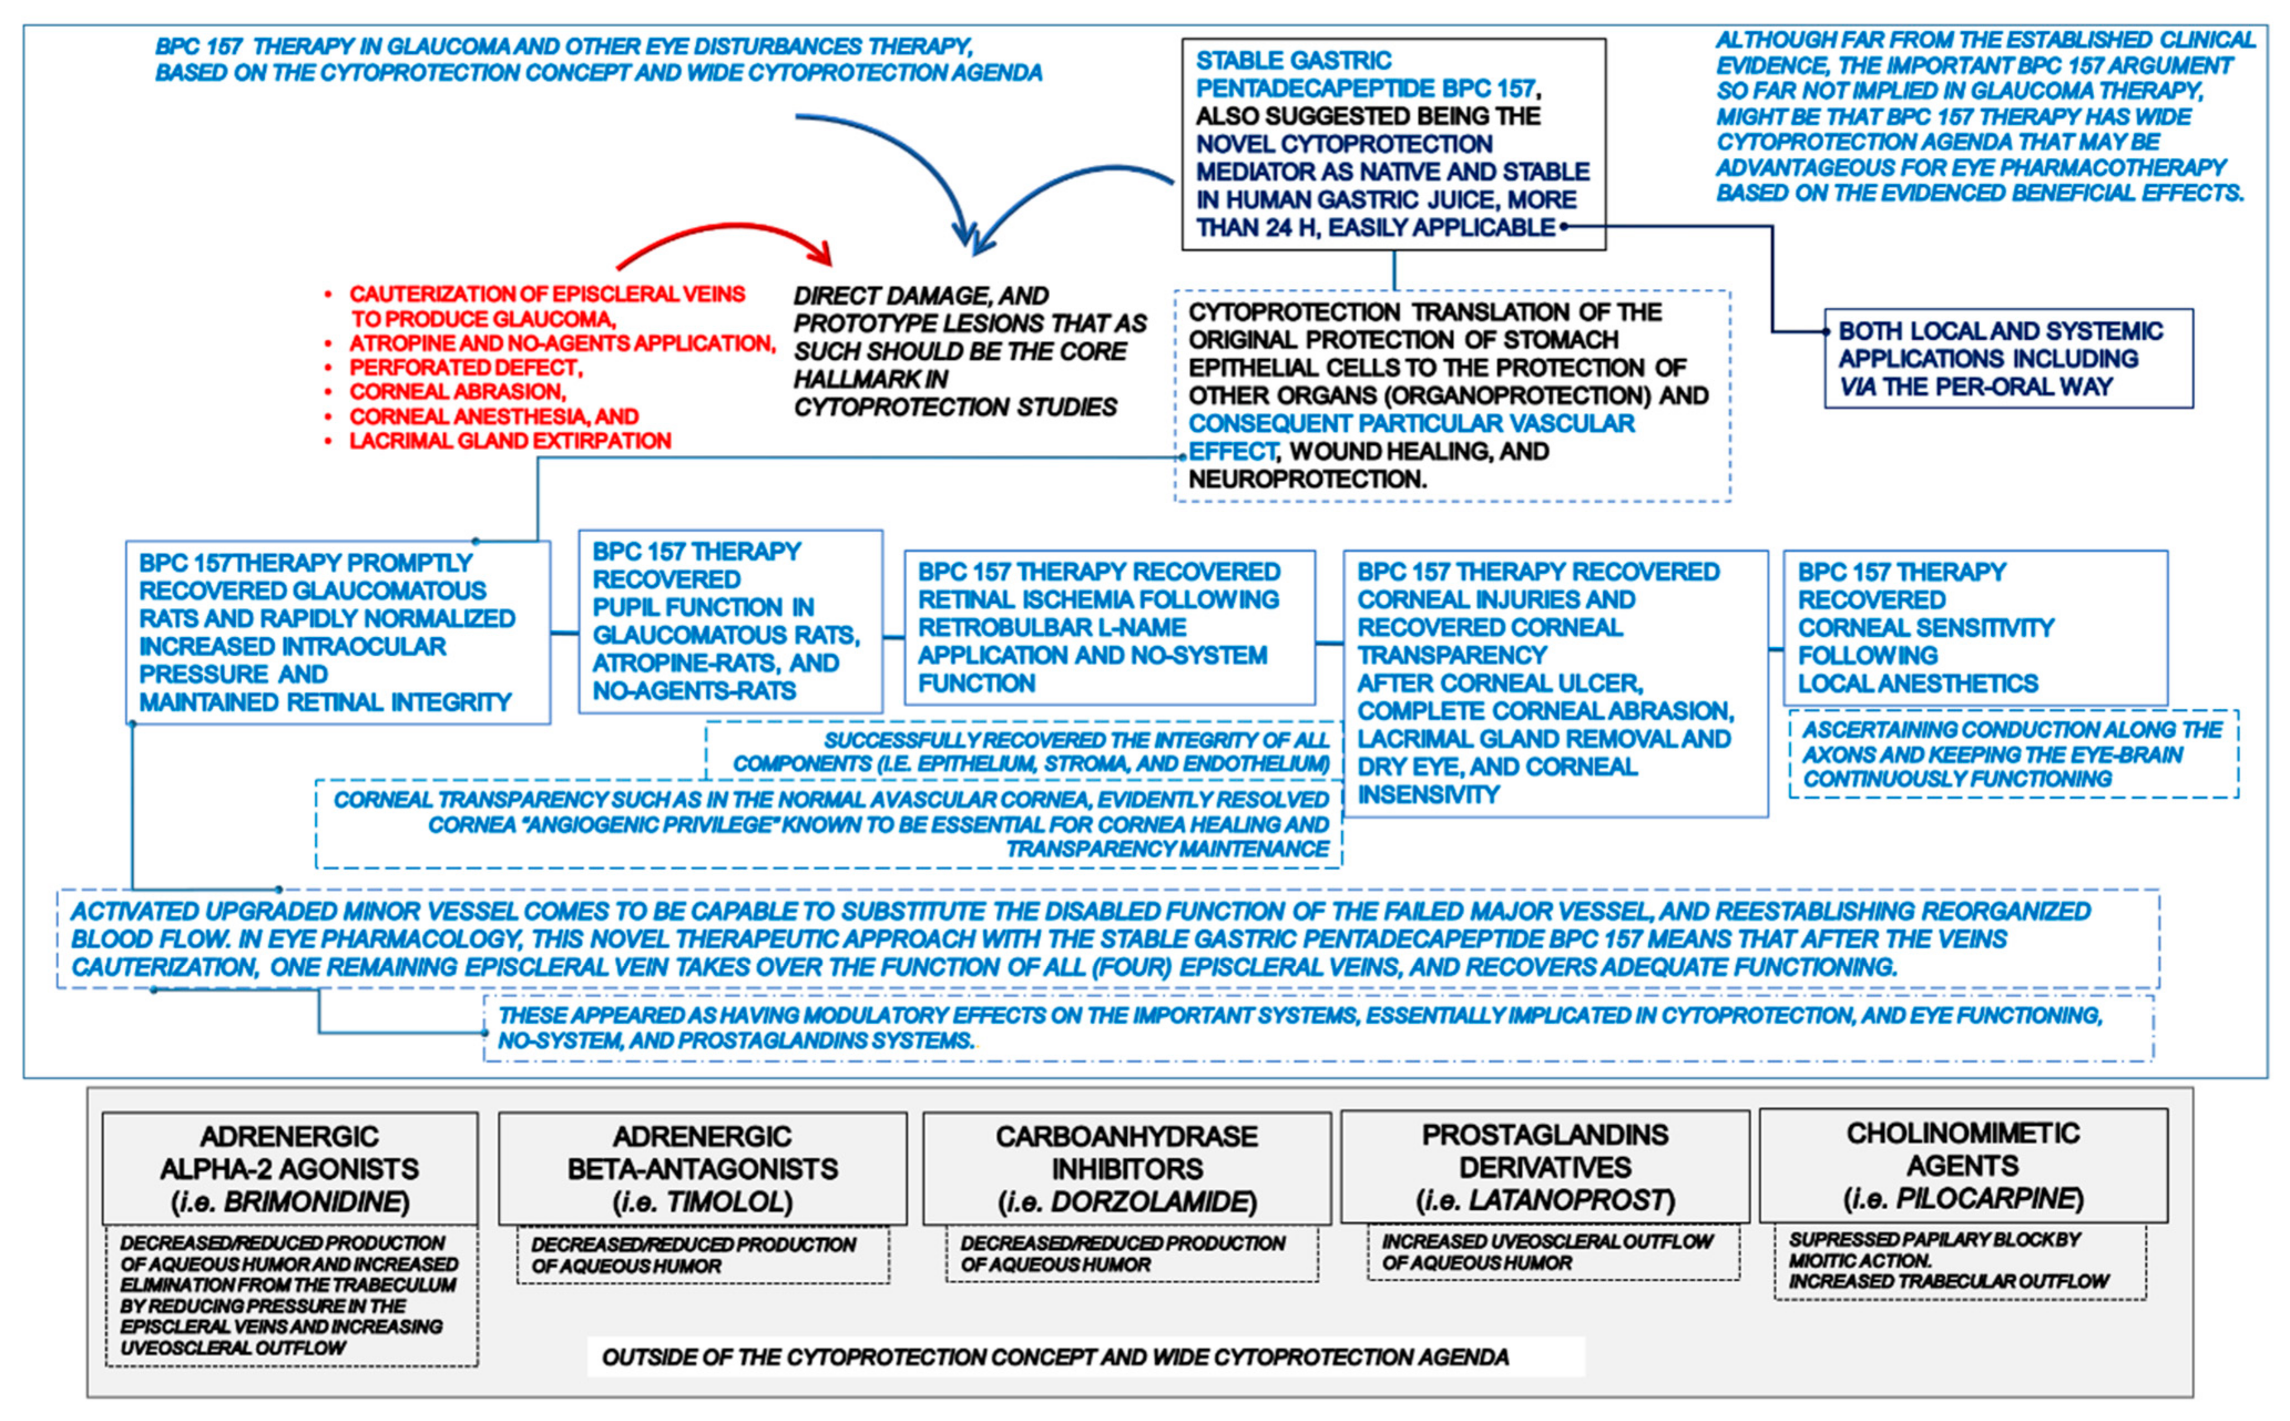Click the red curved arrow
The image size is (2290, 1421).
(x=724, y=235)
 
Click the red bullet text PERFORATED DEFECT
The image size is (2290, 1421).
(x=466, y=367)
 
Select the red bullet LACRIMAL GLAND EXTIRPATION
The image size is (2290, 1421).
(x=510, y=441)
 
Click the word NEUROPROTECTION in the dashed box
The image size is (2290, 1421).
(x=1306, y=479)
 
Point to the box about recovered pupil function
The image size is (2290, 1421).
(x=730, y=621)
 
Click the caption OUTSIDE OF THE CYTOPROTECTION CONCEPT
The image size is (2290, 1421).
(x=1055, y=1357)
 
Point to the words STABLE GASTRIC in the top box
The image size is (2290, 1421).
(x=1293, y=61)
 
